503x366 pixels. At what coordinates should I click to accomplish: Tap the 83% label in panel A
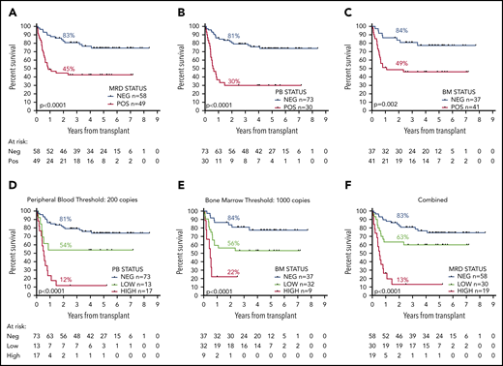tap(70, 35)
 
